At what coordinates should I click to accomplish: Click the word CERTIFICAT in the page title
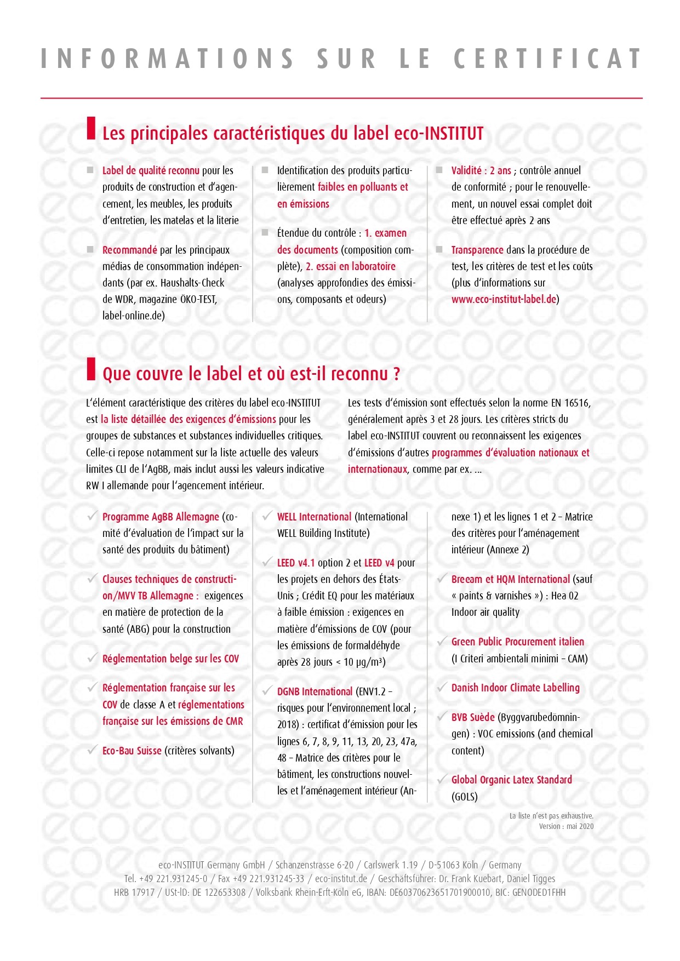(547, 59)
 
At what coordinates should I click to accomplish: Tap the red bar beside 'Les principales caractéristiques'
(91, 128)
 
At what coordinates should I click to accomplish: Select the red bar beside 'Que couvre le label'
(91, 368)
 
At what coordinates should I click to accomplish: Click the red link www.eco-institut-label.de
(504, 300)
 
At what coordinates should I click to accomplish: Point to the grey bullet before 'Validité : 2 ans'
(439, 170)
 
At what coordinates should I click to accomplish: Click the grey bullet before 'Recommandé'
(90, 249)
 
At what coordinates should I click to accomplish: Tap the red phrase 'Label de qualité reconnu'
(151, 170)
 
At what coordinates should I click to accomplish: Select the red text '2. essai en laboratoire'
(350, 266)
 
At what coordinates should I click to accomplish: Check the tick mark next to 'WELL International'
(267, 516)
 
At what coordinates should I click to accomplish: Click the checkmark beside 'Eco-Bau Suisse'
(93, 750)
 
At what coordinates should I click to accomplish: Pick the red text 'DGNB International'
(315, 691)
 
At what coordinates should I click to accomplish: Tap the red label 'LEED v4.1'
(296, 563)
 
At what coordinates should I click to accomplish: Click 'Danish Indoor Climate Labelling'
(515, 688)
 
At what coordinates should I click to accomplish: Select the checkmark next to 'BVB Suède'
(442, 716)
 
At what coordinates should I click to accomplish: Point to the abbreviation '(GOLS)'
(464, 797)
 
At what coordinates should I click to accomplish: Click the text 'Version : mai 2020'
(565, 826)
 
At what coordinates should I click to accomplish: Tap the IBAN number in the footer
(439, 893)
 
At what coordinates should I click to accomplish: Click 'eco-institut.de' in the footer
(341, 879)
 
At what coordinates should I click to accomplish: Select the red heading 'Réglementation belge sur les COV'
(170, 659)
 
